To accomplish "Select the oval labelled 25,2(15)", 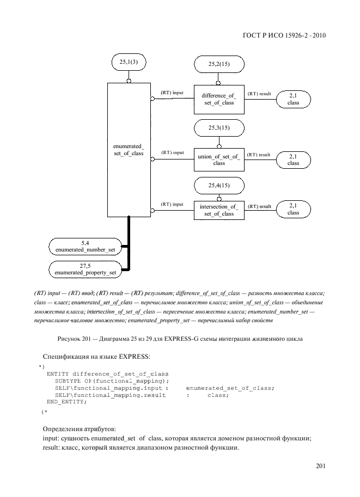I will tap(218, 64).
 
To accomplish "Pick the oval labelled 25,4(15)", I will tap(218, 186).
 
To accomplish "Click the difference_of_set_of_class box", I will tap(218, 100).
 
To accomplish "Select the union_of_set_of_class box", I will tap(218, 159).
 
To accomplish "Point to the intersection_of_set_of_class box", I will tap(218, 210).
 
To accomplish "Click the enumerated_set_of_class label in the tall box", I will tap(129, 150).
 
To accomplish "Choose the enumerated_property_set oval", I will tap(86, 269).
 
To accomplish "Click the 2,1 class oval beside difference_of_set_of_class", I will tap(293, 99).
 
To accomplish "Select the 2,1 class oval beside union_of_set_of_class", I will tap(293, 159).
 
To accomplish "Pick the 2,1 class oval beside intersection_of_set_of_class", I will tap(293, 209).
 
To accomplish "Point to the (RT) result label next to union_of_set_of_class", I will tap(259, 155).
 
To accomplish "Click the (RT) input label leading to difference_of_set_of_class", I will tap(172, 93).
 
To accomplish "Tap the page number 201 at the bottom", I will tap(320, 466).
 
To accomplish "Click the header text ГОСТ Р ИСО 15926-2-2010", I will tap(286, 36).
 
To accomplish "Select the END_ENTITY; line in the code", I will tap(66, 402).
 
